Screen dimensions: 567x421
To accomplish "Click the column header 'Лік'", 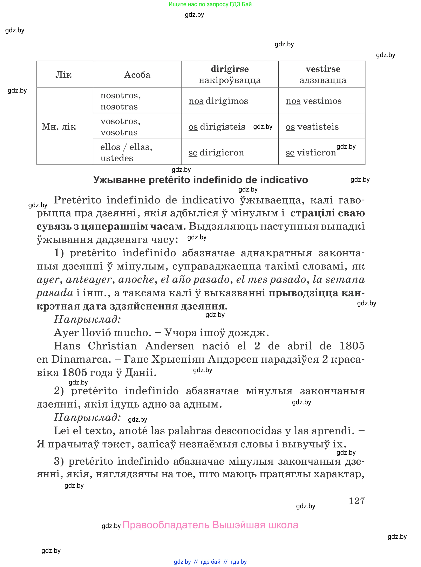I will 63,75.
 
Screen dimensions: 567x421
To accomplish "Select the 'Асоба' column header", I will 137,75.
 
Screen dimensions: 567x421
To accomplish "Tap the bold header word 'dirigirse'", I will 229,69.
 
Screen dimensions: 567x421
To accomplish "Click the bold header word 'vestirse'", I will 323,69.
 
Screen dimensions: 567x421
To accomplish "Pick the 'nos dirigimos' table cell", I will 218,101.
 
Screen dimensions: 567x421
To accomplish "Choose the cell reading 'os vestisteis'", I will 312,127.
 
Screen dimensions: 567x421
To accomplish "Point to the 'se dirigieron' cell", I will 216,152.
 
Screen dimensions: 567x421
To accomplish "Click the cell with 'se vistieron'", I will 311,152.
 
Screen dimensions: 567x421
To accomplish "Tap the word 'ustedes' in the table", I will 117,158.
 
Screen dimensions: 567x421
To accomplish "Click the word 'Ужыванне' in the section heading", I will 119,180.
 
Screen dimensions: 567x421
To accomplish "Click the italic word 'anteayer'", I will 89,279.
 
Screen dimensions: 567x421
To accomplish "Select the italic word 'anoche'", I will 136,279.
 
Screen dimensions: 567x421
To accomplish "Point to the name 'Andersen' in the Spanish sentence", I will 169,346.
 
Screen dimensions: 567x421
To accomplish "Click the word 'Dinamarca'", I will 81,359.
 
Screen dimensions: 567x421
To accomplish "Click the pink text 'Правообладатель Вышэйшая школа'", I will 210,525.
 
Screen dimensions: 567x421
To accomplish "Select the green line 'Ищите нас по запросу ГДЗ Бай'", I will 210,4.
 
